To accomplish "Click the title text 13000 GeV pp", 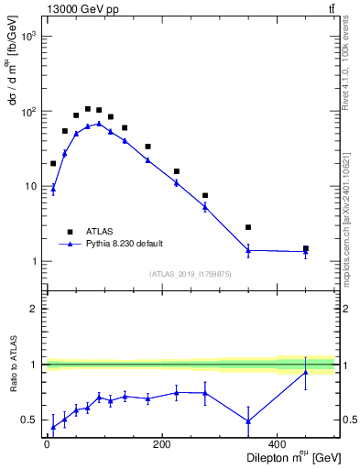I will click(x=78, y=8).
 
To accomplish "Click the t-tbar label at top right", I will click(x=330, y=8).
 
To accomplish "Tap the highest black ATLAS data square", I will click(x=88, y=109).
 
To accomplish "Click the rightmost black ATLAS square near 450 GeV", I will click(x=306, y=248).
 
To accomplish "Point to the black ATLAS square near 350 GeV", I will click(x=248, y=227).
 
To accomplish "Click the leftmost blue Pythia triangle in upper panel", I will click(x=53, y=190).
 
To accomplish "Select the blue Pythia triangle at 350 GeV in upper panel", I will click(x=248, y=249).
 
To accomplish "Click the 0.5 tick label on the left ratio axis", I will click(x=31, y=420).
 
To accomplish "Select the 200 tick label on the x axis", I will click(x=162, y=445).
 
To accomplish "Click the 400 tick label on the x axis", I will click(x=278, y=445).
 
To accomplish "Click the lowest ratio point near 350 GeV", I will click(x=248, y=421).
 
